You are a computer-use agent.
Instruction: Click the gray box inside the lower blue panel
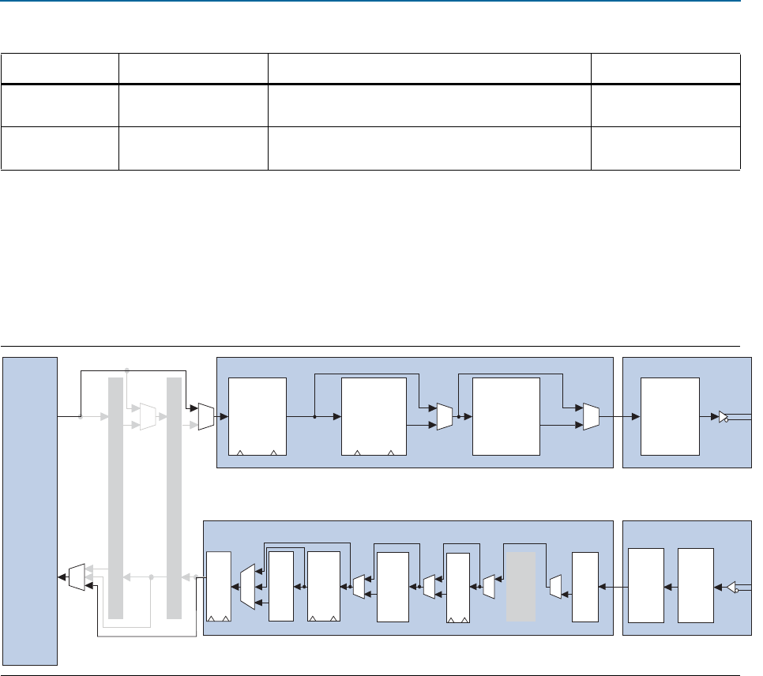[521, 587]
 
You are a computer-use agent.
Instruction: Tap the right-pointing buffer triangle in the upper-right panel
[724, 416]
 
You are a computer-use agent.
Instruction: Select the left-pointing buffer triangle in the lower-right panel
[731, 587]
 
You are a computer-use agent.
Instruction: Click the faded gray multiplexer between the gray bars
[147, 416]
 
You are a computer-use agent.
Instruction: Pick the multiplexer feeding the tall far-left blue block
[76, 577]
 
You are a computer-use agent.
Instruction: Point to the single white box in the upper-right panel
[670, 416]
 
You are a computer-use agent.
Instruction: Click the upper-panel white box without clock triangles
[506, 416]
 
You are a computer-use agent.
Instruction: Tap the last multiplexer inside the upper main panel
[591, 416]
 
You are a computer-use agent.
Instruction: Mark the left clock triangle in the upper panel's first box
[240, 453]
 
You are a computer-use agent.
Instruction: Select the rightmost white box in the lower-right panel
[695, 587]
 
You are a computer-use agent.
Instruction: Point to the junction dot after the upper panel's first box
[314, 416]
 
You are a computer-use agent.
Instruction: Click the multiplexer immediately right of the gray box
[554, 587]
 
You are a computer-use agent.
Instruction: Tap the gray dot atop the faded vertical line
[127, 369]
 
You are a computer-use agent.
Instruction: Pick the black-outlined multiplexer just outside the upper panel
[205, 416]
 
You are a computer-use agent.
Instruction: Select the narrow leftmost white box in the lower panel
[218, 587]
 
